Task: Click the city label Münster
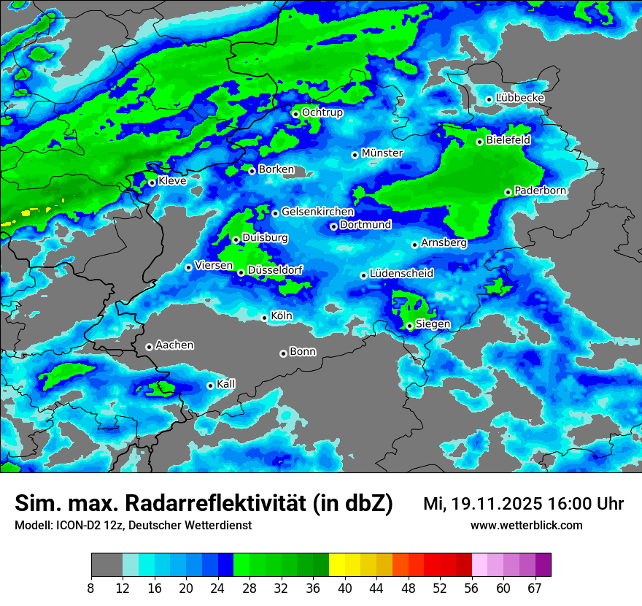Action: (382, 153)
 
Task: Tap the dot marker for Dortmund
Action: (333, 226)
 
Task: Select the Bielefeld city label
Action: (508, 139)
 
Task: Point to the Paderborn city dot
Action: (508, 192)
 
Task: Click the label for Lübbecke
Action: (519, 98)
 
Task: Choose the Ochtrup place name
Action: (322, 112)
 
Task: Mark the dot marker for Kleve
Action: (152, 183)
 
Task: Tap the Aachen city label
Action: (174, 345)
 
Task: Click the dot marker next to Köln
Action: (264, 318)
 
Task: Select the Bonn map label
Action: (303, 351)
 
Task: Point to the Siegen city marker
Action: (409, 326)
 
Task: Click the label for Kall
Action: (226, 384)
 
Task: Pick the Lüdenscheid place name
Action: (401, 274)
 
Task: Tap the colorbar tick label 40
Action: (345, 588)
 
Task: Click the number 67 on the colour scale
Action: (535, 588)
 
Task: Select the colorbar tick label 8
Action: (90, 588)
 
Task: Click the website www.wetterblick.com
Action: (526, 525)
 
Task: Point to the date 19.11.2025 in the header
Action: (493, 504)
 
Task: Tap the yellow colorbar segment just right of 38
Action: (336, 565)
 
